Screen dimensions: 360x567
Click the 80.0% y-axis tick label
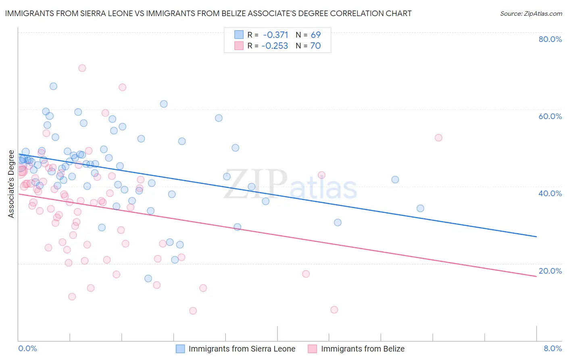point(550,39)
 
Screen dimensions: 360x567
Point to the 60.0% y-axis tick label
point(550,116)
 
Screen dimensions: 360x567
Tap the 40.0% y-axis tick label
point(550,193)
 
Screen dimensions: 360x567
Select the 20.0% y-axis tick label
point(550,271)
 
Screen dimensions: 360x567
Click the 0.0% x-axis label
point(27,348)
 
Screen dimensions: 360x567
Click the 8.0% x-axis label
point(552,348)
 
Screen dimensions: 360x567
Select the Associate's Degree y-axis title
point(11,184)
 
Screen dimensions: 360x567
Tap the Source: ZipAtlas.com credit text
point(531,14)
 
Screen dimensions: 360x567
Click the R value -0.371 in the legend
point(275,35)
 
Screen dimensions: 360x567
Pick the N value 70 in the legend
point(315,46)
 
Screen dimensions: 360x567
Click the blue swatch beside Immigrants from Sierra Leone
point(180,349)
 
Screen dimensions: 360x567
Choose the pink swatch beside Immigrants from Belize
point(313,349)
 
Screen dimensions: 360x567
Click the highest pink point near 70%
point(82,68)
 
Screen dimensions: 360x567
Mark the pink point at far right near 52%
point(438,138)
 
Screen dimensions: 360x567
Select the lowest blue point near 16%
point(148,278)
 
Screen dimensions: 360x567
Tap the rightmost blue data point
point(420,208)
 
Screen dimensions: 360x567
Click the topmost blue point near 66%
point(53,86)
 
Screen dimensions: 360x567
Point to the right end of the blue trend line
point(536,237)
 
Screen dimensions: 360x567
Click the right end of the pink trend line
point(536,276)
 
